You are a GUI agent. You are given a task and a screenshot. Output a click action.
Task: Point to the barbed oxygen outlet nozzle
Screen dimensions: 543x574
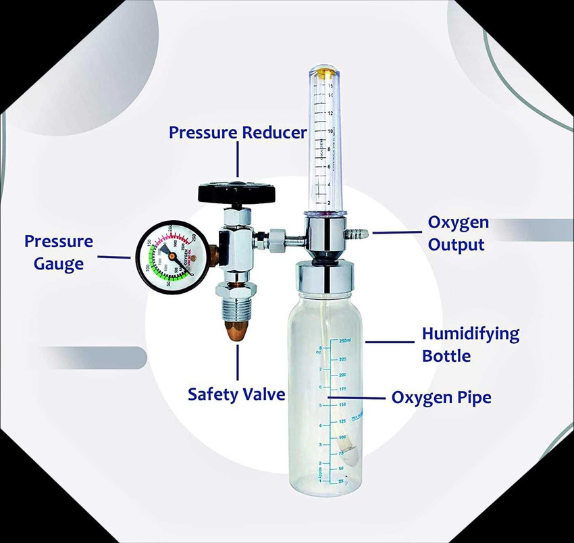[x=358, y=234]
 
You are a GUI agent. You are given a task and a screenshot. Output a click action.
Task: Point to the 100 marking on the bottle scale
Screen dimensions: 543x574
[x=342, y=437]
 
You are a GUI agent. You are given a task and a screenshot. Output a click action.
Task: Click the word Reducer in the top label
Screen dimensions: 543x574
[x=275, y=132]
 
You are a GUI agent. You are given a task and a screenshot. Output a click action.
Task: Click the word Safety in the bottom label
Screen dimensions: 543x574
[x=211, y=394]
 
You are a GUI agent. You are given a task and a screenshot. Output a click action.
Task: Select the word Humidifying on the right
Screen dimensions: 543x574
[x=471, y=334]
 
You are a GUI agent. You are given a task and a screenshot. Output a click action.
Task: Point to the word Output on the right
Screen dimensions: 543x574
[x=456, y=244]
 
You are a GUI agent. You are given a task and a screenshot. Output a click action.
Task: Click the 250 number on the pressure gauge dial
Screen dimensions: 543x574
[x=193, y=236]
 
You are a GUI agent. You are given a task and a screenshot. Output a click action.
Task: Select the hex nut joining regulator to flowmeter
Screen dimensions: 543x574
[x=276, y=239]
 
